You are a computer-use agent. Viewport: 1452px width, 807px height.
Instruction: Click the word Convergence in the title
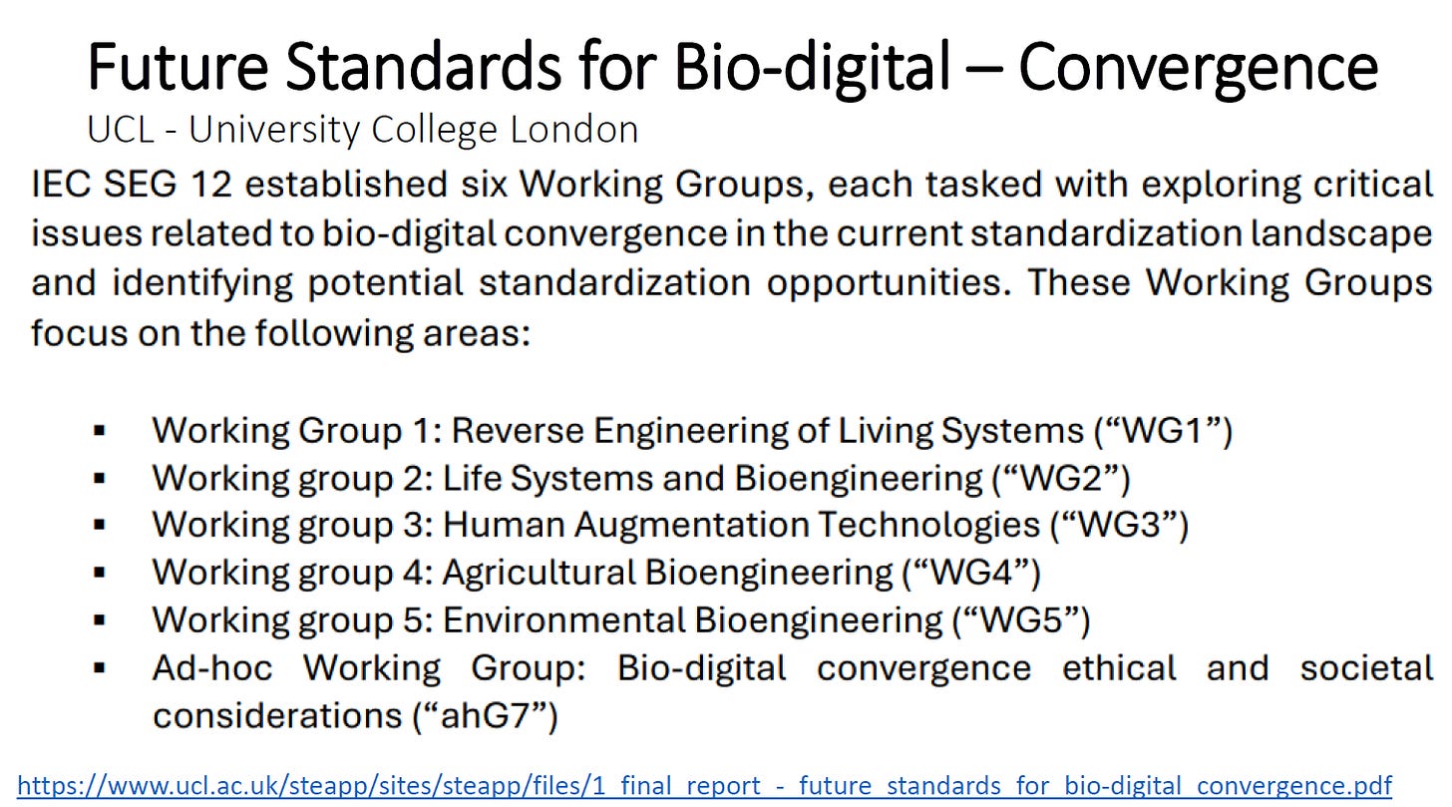tap(1198, 68)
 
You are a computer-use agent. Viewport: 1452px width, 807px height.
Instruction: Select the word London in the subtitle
tap(574, 129)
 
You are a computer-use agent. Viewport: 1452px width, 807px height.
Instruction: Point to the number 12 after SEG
tap(211, 185)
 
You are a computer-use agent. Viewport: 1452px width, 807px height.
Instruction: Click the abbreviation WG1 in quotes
tap(1163, 430)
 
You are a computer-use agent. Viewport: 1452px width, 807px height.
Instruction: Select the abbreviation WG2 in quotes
tap(1061, 479)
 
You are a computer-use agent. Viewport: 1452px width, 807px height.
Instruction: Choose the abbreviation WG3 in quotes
tap(1120, 525)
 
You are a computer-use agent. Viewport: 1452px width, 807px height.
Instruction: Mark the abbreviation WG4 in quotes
tap(971, 573)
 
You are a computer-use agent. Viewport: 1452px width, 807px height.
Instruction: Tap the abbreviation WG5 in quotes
tap(1021, 619)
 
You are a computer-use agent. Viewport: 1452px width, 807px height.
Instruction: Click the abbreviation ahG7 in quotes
tap(485, 716)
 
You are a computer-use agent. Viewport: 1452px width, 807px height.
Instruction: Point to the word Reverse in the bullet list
tap(518, 430)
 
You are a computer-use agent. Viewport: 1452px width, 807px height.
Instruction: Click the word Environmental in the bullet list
tap(564, 620)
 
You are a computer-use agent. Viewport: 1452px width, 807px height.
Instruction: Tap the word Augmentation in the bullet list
tap(692, 526)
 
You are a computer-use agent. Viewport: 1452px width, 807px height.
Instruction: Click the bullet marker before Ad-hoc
tap(99, 667)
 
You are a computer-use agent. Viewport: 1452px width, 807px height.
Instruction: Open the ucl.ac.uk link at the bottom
tap(704, 786)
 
